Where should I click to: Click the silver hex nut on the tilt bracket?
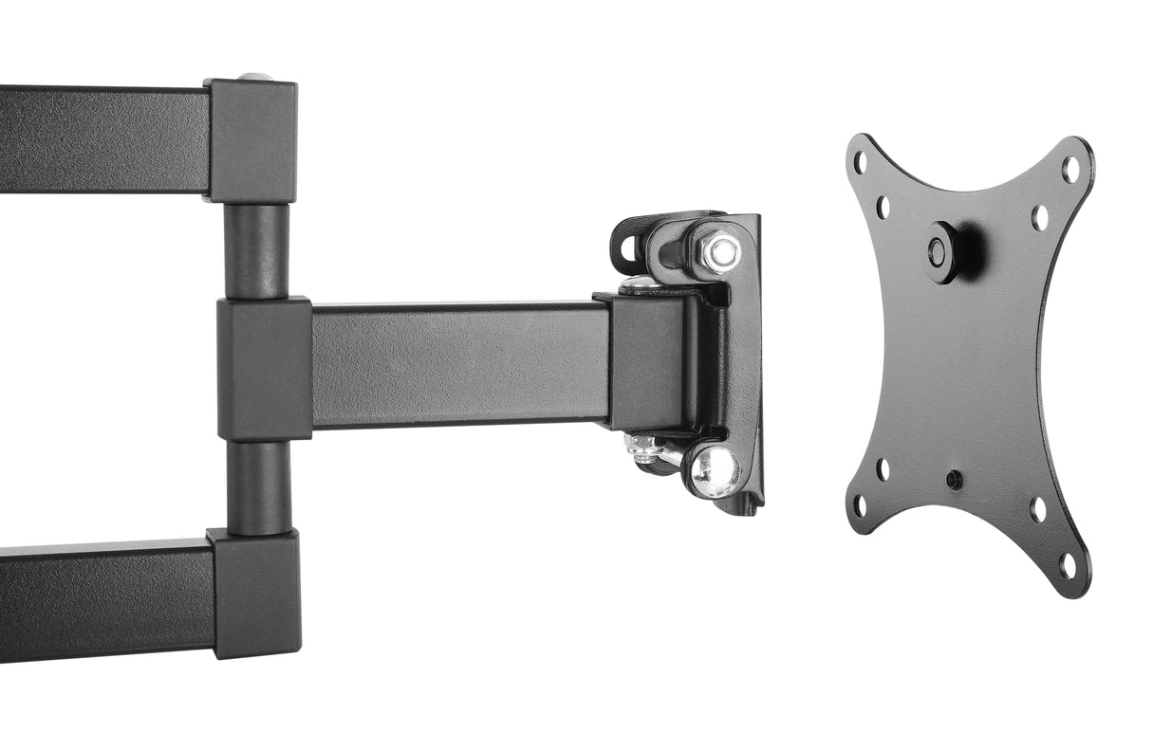[721, 251]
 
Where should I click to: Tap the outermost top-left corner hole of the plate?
[860, 163]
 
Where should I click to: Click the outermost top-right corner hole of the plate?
[1070, 171]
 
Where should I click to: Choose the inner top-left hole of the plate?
[883, 207]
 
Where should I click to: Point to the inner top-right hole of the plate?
[1040, 216]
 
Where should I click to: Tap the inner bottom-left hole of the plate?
[883, 468]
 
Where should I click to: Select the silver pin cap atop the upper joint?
[254, 77]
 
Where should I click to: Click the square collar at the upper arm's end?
[252, 141]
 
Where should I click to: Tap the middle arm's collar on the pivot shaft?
[265, 369]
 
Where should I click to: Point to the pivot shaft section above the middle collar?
[257, 251]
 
